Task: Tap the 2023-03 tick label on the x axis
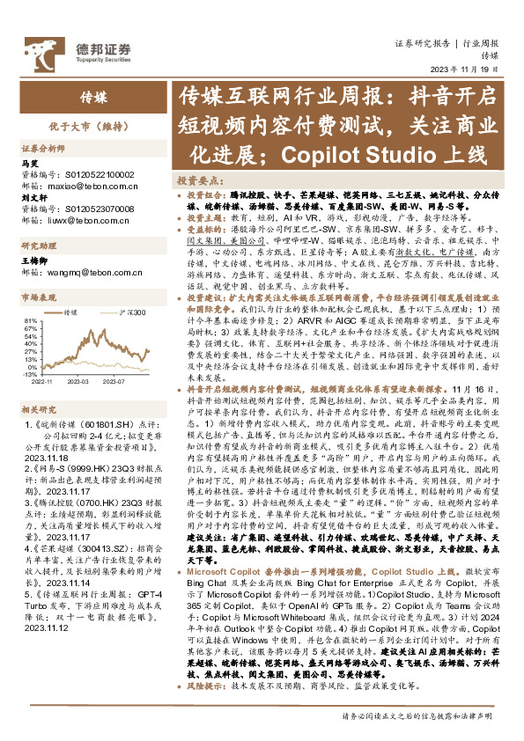(x=77, y=382)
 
